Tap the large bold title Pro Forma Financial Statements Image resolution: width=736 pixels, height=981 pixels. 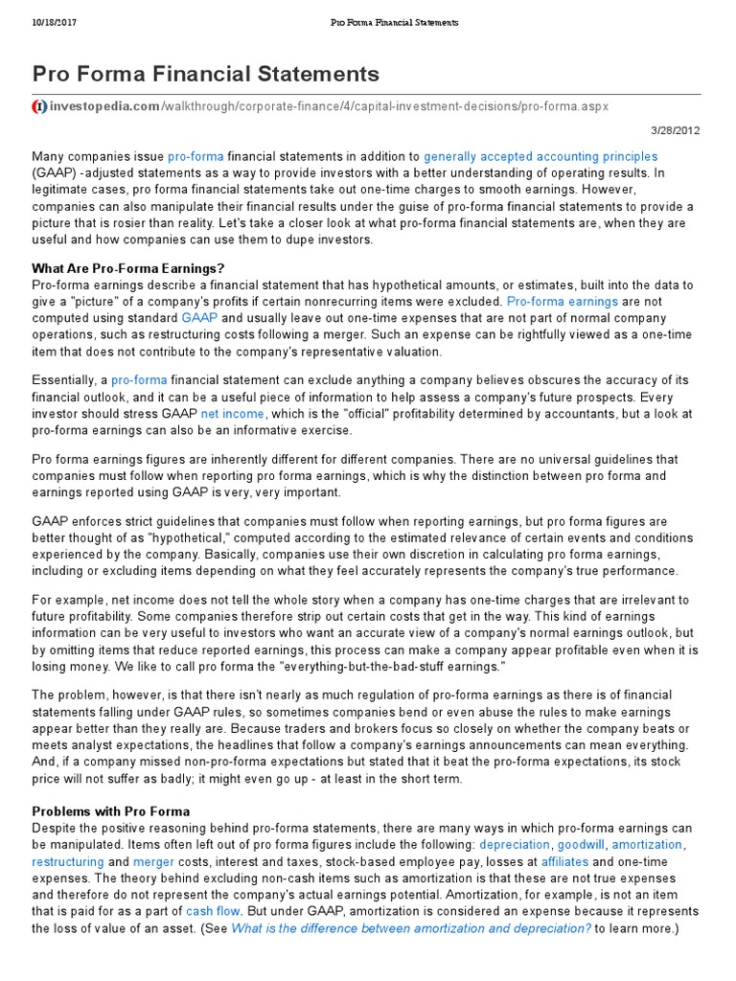pyautogui.click(x=206, y=74)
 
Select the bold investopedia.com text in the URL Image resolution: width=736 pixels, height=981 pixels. pyautogui.click(x=104, y=106)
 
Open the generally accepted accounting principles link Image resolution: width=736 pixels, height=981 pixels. pyautogui.click(x=540, y=156)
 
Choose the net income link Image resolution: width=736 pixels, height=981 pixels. pyautogui.click(x=232, y=414)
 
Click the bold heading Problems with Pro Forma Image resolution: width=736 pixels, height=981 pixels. pyautogui.click(x=111, y=811)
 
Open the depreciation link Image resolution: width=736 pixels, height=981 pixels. pyautogui.click(x=515, y=845)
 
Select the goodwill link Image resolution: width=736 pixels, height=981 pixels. pyautogui.click(x=581, y=845)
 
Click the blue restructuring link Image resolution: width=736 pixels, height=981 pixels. pyautogui.click(x=68, y=862)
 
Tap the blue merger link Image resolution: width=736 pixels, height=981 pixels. pyautogui.click(x=153, y=862)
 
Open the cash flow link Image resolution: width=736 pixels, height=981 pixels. pyautogui.click(x=213, y=912)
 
